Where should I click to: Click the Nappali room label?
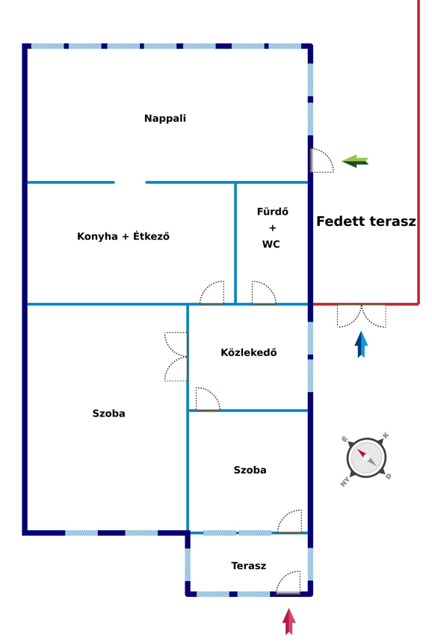click(x=165, y=118)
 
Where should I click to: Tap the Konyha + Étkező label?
click(x=123, y=236)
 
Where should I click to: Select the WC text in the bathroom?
click(x=271, y=244)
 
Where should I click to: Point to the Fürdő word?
click(x=272, y=212)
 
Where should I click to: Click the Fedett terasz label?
click(x=366, y=221)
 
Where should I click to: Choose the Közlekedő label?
click(x=249, y=352)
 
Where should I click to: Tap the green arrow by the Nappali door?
click(x=355, y=161)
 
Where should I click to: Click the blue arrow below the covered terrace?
click(x=361, y=344)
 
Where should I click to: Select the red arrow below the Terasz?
click(x=289, y=622)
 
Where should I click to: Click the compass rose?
click(x=366, y=458)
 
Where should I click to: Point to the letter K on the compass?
click(x=385, y=435)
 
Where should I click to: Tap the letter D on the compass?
click(x=388, y=476)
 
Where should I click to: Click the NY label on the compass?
click(x=345, y=482)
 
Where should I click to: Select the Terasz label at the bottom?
click(x=249, y=565)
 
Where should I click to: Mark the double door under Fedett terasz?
click(x=362, y=316)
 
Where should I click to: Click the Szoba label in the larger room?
click(x=108, y=413)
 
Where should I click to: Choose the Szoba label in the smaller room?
click(x=250, y=470)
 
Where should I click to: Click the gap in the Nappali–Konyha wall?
click(x=130, y=183)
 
